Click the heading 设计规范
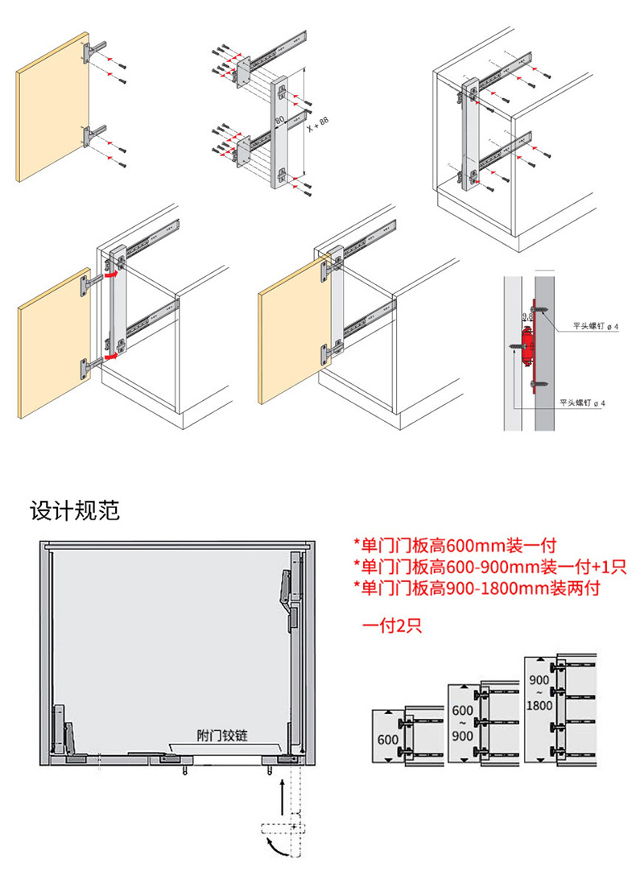(x=75, y=510)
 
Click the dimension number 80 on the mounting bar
(x=280, y=120)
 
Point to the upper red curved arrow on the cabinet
(x=114, y=274)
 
